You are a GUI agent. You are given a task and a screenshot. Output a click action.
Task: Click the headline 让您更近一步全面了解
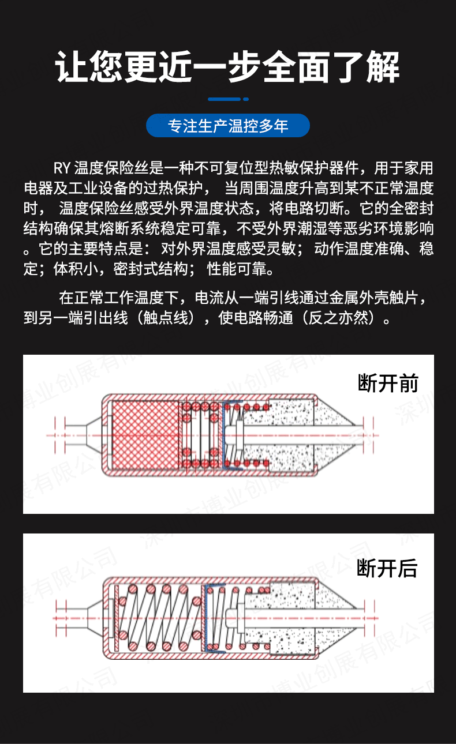[227, 68]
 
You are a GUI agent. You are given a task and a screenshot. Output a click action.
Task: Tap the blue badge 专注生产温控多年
[227, 126]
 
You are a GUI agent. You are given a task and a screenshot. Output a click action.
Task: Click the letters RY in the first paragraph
[61, 168]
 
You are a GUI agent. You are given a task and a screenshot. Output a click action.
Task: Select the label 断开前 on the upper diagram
[388, 383]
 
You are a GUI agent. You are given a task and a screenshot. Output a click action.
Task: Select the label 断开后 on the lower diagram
[387, 568]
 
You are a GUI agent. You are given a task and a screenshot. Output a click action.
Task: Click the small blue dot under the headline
[246, 99]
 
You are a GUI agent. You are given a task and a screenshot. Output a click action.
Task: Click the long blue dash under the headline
[223, 99]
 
